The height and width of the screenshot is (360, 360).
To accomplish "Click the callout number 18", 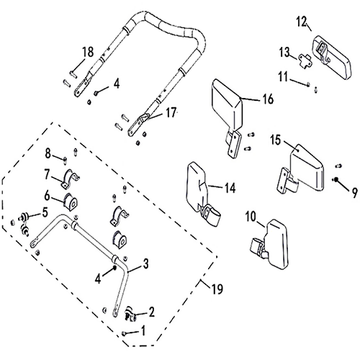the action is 88,52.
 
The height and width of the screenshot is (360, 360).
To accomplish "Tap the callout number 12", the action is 302,22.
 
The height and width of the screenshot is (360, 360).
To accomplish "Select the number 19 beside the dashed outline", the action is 217,289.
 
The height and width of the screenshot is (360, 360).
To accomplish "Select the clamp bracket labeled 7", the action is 70,179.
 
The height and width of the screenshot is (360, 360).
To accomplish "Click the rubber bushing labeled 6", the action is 71,202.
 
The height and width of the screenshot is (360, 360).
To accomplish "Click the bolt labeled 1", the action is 124,333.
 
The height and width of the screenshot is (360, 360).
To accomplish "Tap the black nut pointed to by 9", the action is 336,179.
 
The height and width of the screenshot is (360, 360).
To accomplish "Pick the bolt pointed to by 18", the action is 73,74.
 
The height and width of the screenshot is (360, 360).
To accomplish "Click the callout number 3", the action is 145,264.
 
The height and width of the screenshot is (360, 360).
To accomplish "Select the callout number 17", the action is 171,112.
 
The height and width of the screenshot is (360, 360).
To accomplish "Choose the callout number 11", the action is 283,77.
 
